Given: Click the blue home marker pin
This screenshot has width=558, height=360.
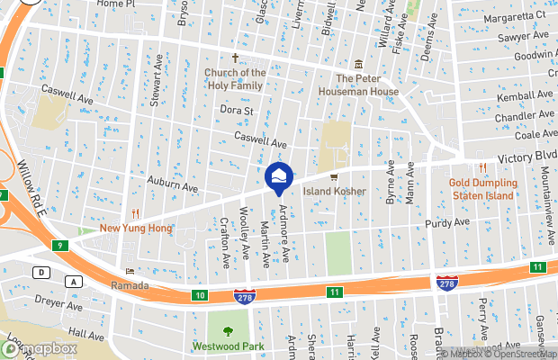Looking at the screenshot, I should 279,175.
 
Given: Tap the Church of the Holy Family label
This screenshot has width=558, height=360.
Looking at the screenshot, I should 234,79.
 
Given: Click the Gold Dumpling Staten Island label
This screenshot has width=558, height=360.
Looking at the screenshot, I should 481,189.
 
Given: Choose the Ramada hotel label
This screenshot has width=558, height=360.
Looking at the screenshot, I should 129,284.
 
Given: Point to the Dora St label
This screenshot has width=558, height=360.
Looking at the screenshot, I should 238,111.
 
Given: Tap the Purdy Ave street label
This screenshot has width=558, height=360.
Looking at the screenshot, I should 449,221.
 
